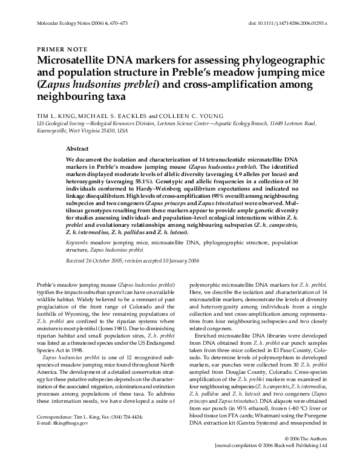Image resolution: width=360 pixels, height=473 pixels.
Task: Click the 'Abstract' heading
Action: click(77, 148)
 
